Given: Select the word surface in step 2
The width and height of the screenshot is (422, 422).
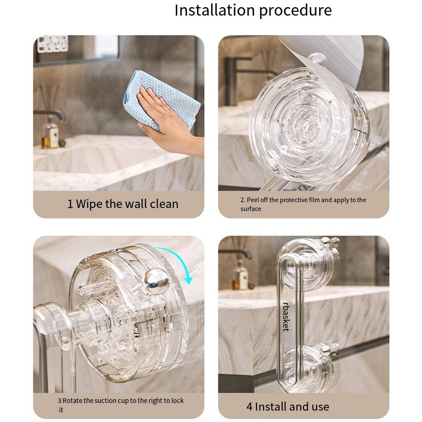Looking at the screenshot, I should (251, 209).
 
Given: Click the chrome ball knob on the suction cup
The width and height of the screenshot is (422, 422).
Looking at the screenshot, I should (157, 280).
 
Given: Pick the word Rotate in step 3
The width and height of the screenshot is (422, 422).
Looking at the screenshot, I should (72, 400).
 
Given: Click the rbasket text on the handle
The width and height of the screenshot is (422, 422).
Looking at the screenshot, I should (286, 316).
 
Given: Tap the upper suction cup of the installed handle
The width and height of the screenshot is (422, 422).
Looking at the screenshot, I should (310, 264).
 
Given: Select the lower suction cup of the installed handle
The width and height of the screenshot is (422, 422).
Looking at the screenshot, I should (310, 365).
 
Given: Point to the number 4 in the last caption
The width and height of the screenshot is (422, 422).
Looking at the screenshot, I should (249, 407).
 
